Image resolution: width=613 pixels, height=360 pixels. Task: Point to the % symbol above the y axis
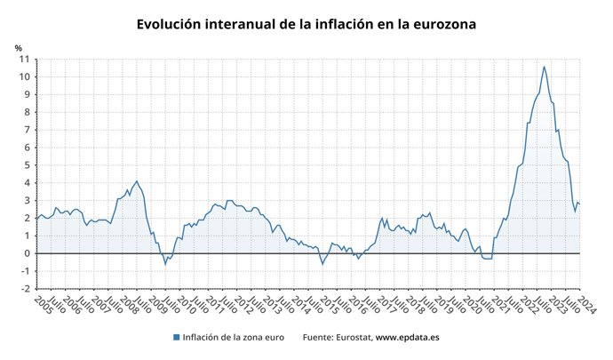(19, 47)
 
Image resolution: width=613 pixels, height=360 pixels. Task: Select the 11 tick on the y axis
(25, 59)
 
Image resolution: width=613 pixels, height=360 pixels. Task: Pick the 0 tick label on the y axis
(27, 253)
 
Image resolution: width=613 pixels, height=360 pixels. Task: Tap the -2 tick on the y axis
(25, 289)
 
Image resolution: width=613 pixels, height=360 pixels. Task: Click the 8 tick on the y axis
(27, 112)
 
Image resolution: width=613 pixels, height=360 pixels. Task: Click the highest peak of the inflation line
(544, 67)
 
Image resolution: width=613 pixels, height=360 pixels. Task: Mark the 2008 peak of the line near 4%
(136, 181)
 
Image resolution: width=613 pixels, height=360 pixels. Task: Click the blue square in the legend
(177, 338)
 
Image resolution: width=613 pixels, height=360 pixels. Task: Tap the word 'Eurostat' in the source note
(353, 338)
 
